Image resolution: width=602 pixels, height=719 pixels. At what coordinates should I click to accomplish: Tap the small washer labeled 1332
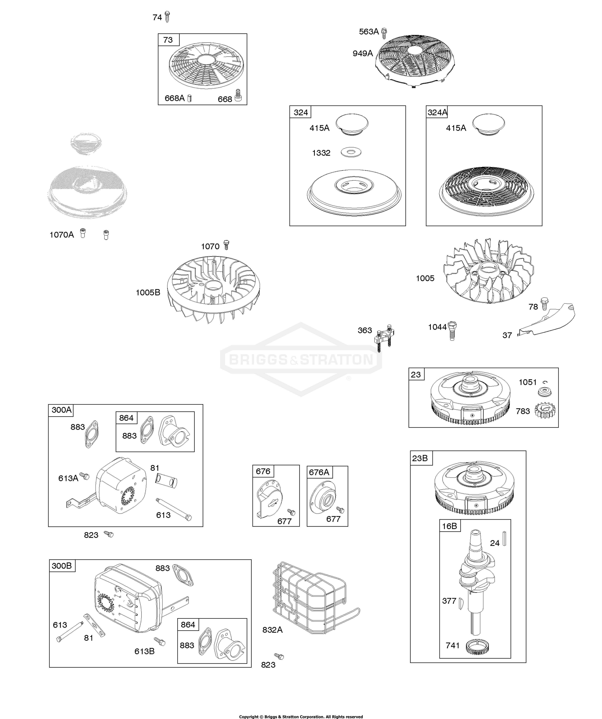coord(351,152)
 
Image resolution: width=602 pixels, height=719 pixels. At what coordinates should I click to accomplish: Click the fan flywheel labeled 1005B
coord(213,289)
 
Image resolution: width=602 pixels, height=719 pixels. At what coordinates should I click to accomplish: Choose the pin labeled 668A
coord(190,99)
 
